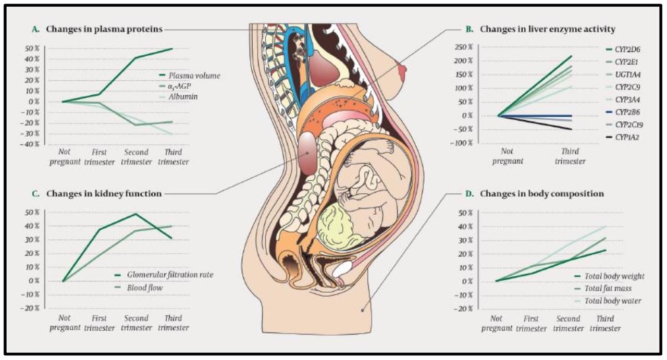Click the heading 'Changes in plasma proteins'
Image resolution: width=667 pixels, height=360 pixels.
(x=104, y=29)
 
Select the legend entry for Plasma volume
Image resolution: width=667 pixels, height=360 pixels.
(x=190, y=76)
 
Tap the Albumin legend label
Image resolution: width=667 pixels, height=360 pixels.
(x=178, y=96)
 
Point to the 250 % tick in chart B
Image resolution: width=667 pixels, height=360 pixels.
(x=463, y=47)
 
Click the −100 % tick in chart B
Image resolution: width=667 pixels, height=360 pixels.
(x=461, y=143)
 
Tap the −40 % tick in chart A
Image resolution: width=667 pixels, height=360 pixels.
(x=30, y=144)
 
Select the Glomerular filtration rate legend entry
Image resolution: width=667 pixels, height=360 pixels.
(x=164, y=275)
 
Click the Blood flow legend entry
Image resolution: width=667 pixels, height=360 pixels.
(x=139, y=288)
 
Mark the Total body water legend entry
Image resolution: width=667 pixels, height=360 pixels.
(x=608, y=301)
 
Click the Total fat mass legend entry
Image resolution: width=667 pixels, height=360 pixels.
(x=603, y=288)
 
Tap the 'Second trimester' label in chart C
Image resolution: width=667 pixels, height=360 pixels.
(x=137, y=323)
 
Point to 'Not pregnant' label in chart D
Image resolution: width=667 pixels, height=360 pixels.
(x=497, y=324)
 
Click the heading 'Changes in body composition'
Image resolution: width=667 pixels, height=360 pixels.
(x=542, y=194)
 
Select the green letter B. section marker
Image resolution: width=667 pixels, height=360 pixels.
(x=470, y=29)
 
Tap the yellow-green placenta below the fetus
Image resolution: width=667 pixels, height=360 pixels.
(x=339, y=227)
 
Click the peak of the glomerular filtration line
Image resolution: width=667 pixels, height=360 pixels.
(x=135, y=214)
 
